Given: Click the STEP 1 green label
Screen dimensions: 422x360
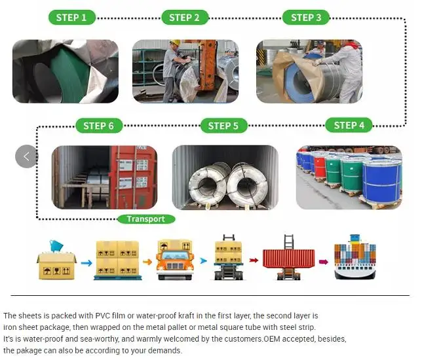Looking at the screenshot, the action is [71, 17].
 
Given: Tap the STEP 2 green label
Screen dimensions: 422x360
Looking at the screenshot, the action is [184, 17].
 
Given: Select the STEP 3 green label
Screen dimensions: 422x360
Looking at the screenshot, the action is [306, 17].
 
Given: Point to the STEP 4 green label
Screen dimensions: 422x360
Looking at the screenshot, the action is [349, 125].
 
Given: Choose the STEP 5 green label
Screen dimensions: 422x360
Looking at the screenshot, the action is [223, 125].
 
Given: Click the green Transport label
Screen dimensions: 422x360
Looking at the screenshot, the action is [145, 219].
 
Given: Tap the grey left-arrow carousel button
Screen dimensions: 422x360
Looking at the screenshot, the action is [26, 156].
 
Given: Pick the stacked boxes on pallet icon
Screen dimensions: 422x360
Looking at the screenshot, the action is [117, 259].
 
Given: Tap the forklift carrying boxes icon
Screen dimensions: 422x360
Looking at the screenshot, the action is [229, 258].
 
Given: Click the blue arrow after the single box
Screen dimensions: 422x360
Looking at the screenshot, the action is [86, 262].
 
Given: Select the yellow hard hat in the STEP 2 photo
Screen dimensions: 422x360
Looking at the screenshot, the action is [175, 44].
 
